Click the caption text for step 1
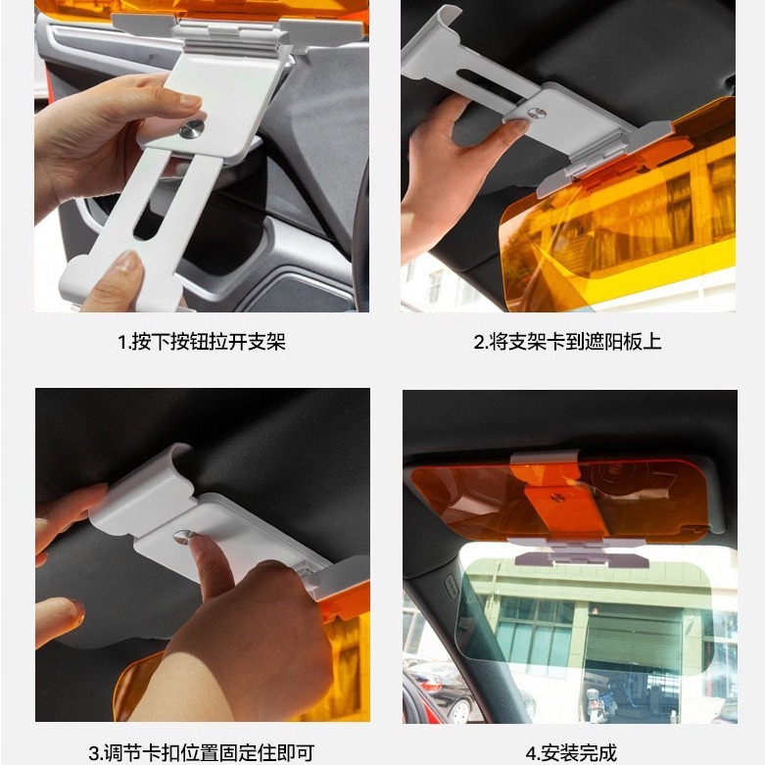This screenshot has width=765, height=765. tap(202, 342)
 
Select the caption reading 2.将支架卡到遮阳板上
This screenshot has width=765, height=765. tap(567, 342)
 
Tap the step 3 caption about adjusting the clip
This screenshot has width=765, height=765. tap(203, 752)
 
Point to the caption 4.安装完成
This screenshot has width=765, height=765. tap(571, 752)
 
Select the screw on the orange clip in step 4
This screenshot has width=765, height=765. tap(557, 498)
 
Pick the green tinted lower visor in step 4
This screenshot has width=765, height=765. tap(598, 617)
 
